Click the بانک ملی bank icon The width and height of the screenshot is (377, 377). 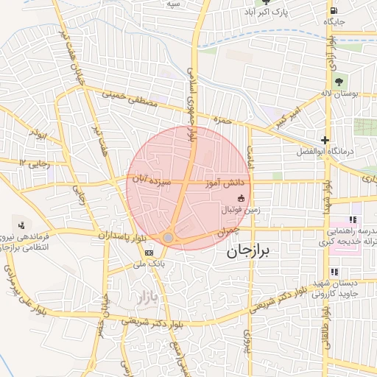click(x=149, y=253)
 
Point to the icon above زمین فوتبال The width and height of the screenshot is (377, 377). click(x=241, y=197)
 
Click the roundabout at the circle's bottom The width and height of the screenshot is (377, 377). click(x=169, y=237)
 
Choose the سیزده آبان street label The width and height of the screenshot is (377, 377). click(x=152, y=179)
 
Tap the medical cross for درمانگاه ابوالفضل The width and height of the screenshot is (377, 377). click(x=325, y=140)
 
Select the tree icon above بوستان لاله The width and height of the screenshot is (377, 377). click(x=339, y=82)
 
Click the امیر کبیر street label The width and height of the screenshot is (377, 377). click(x=288, y=120)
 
